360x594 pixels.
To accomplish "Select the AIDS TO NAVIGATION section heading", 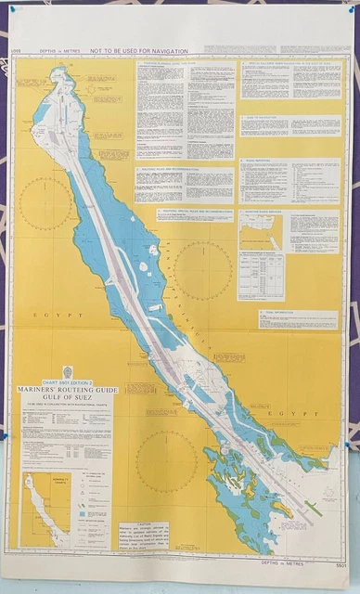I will point(264,118).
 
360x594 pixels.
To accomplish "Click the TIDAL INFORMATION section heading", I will point(278,313).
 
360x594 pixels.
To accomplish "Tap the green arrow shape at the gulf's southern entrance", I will point(314,508).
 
